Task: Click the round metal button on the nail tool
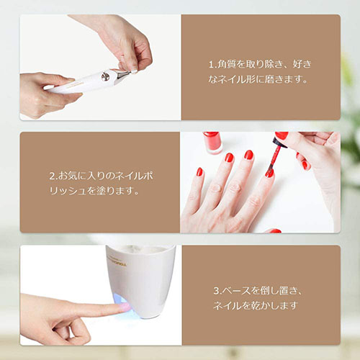(105, 76)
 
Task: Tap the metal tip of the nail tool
(123, 74)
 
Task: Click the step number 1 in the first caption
(211, 64)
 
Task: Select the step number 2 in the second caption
(52, 176)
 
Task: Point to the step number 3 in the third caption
(217, 291)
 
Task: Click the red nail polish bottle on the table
(212, 143)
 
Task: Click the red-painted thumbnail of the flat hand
(274, 231)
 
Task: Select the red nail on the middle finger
(248, 155)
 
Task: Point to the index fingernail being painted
(269, 174)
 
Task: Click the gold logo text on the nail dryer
(117, 261)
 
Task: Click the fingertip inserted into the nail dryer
(122, 307)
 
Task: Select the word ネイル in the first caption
(230, 80)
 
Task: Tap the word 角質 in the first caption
(226, 64)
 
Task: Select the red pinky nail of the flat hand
(199, 172)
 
